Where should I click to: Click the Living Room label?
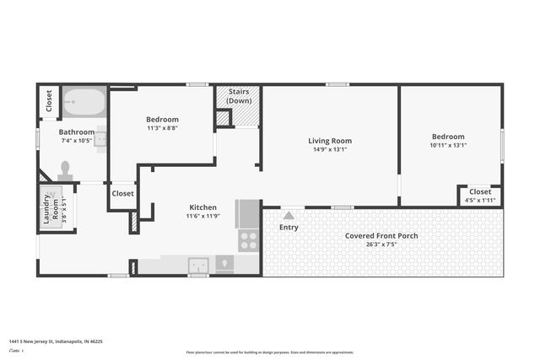click(x=329, y=141)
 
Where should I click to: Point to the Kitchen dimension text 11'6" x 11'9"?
click(x=202, y=216)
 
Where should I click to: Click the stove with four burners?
click(x=249, y=240)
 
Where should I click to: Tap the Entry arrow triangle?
click(x=289, y=216)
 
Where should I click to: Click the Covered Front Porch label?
click(x=383, y=235)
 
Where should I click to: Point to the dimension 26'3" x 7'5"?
click(x=383, y=244)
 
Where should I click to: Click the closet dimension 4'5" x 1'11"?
click(x=479, y=201)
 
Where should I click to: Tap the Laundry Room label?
click(x=51, y=207)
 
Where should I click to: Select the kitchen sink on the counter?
click(x=197, y=263)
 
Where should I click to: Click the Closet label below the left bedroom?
click(x=122, y=193)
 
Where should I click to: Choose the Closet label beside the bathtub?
click(x=49, y=100)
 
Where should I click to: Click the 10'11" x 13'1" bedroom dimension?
click(x=448, y=145)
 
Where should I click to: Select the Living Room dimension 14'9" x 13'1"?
click(x=329, y=149)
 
